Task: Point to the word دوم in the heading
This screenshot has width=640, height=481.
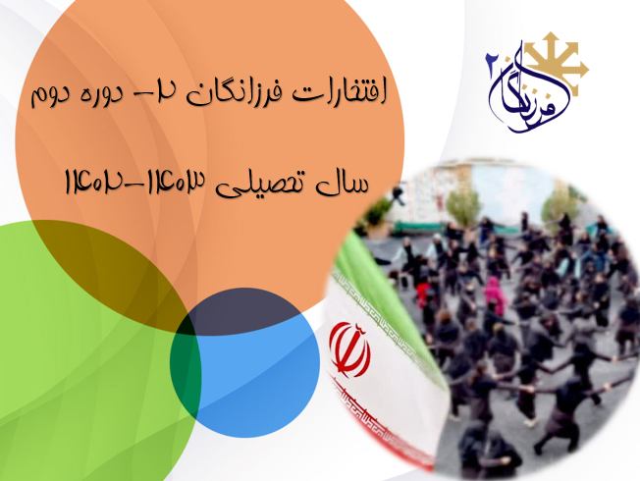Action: tap(49, 97)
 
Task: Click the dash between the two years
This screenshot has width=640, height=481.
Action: tap(134, 185)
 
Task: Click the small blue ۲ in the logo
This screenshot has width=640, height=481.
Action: tap(490, 66)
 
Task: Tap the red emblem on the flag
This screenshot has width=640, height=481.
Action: tap(350, 348)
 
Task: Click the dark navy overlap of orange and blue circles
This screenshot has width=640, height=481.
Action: tap(244, 309)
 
